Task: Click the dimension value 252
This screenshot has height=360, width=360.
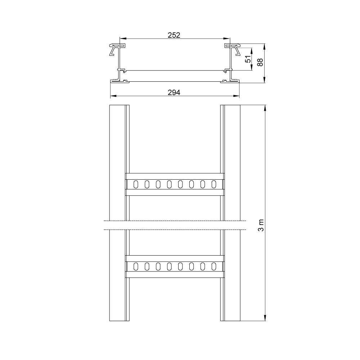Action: point(174,35)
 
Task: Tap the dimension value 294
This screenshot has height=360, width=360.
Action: point(174,93)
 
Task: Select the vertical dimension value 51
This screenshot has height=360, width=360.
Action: point(248,59)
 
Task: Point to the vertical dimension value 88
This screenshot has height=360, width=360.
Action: point(260,62)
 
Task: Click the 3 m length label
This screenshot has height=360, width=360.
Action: point(261,225)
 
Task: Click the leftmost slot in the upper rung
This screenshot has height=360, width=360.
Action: point(136,184)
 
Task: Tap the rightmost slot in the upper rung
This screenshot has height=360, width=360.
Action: point(214,184)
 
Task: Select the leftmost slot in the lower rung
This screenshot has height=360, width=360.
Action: point(136,266)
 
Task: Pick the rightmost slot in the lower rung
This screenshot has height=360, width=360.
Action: point(214,266)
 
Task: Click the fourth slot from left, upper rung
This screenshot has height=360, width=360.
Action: point(169,184)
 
